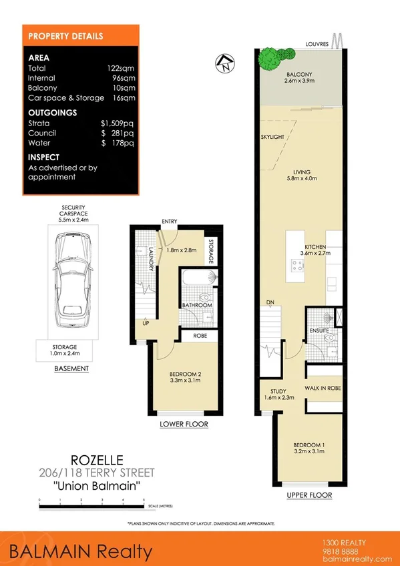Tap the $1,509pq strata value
(117, 123)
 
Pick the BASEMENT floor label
(71, 368)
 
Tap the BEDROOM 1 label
(308, 445)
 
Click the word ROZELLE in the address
(93, 460)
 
